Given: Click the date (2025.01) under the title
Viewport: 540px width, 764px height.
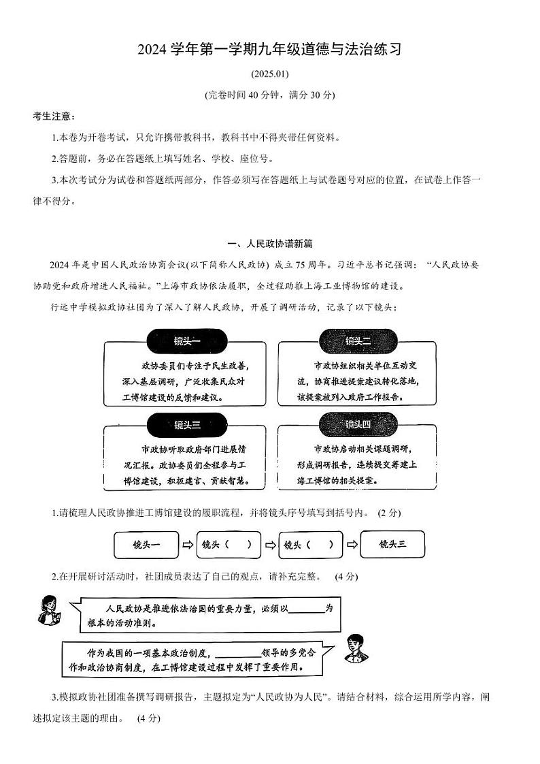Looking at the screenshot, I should click(269, 74).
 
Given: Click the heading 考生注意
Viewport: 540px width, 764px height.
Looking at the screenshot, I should click(54, 116).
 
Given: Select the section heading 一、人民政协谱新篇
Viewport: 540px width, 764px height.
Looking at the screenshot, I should click(269, 243).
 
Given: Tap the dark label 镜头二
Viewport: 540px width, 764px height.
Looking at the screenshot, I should click(357, 340).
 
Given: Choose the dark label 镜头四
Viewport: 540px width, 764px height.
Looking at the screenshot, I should click(357, 426).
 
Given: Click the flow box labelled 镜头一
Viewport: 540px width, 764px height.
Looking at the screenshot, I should click(146, 545).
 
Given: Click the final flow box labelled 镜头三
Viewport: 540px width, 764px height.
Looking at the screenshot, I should click(392, 545).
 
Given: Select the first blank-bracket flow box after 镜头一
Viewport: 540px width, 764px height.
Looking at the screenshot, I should click(227, 545).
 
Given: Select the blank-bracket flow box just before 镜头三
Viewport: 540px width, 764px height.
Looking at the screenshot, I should click(309, 545).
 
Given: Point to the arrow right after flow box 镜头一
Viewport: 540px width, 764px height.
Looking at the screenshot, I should click(188, 545).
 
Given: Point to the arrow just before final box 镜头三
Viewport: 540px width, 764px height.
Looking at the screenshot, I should click(352, 545).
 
